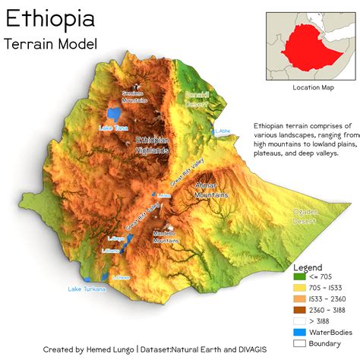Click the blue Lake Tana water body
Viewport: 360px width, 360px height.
pyautogui.click(x=114, y=115)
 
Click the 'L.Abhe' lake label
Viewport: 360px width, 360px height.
pyautogui.click(x=223, y=131)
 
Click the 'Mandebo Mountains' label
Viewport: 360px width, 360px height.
pyautogui.click(x=166, y=237)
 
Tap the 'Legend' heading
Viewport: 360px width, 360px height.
pyautogui.click(x=308, y=267)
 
